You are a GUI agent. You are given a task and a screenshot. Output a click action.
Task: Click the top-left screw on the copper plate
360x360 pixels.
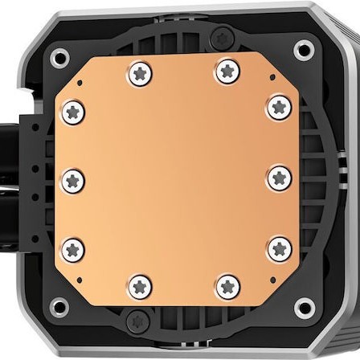(x=140, y=75)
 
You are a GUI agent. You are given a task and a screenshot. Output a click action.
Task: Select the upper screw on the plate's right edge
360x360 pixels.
(x=279, y=106)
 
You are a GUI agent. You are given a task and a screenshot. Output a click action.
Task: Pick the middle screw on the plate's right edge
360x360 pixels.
(x=279, y=178)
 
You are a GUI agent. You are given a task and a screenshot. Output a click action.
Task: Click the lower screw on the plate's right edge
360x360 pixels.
(x=279, y=247)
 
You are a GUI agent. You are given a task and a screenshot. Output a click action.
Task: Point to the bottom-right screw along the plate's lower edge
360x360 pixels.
(x=227, y=285)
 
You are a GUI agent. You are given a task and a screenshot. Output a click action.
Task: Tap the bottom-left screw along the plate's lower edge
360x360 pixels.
(x=140, y=285)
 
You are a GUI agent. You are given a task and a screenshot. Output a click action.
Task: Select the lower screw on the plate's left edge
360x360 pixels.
(x=73, y=248)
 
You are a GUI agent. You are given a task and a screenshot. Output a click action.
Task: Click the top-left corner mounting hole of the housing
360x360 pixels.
(x=59, y=57)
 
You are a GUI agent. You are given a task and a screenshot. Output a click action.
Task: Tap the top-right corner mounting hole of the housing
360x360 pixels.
(x=303, y=50)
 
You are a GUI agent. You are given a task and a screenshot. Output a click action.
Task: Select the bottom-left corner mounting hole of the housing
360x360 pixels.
(x=59, y=306)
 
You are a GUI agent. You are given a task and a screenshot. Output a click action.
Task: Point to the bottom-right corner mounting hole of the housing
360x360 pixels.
(x=304, y=306)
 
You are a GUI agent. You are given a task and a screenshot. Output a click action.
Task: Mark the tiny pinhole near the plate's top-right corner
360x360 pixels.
(x=273, y=79)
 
